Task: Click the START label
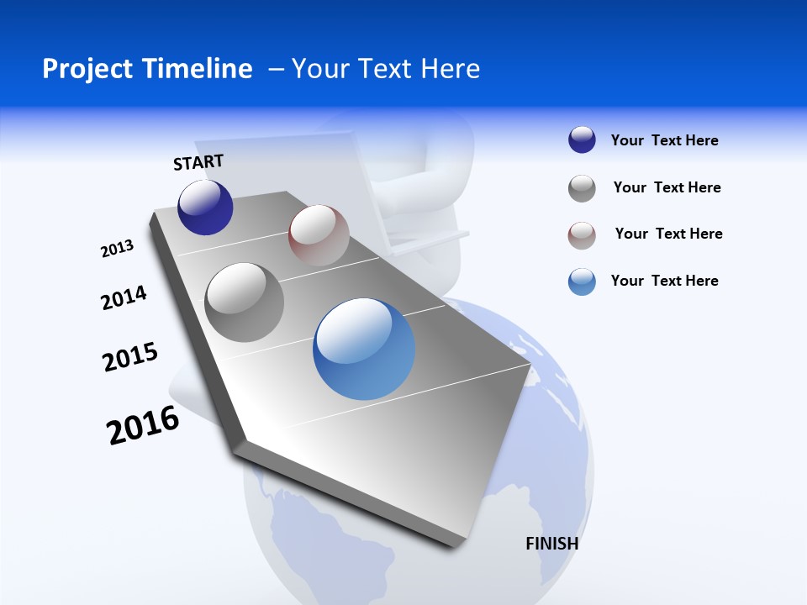198,162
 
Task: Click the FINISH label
552,544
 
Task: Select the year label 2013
117,249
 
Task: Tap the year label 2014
124,298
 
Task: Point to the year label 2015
130,357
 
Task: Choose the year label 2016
143,425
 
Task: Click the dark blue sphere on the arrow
205,207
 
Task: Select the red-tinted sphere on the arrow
319,234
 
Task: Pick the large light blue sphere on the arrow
364,349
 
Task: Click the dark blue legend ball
582,140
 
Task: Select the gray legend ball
582,188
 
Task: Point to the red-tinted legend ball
582,235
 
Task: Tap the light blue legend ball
582,281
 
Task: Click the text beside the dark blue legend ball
664,141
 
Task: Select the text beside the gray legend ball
667,187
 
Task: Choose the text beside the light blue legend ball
664,281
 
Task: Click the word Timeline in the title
202,69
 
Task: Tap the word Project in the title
89,69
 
